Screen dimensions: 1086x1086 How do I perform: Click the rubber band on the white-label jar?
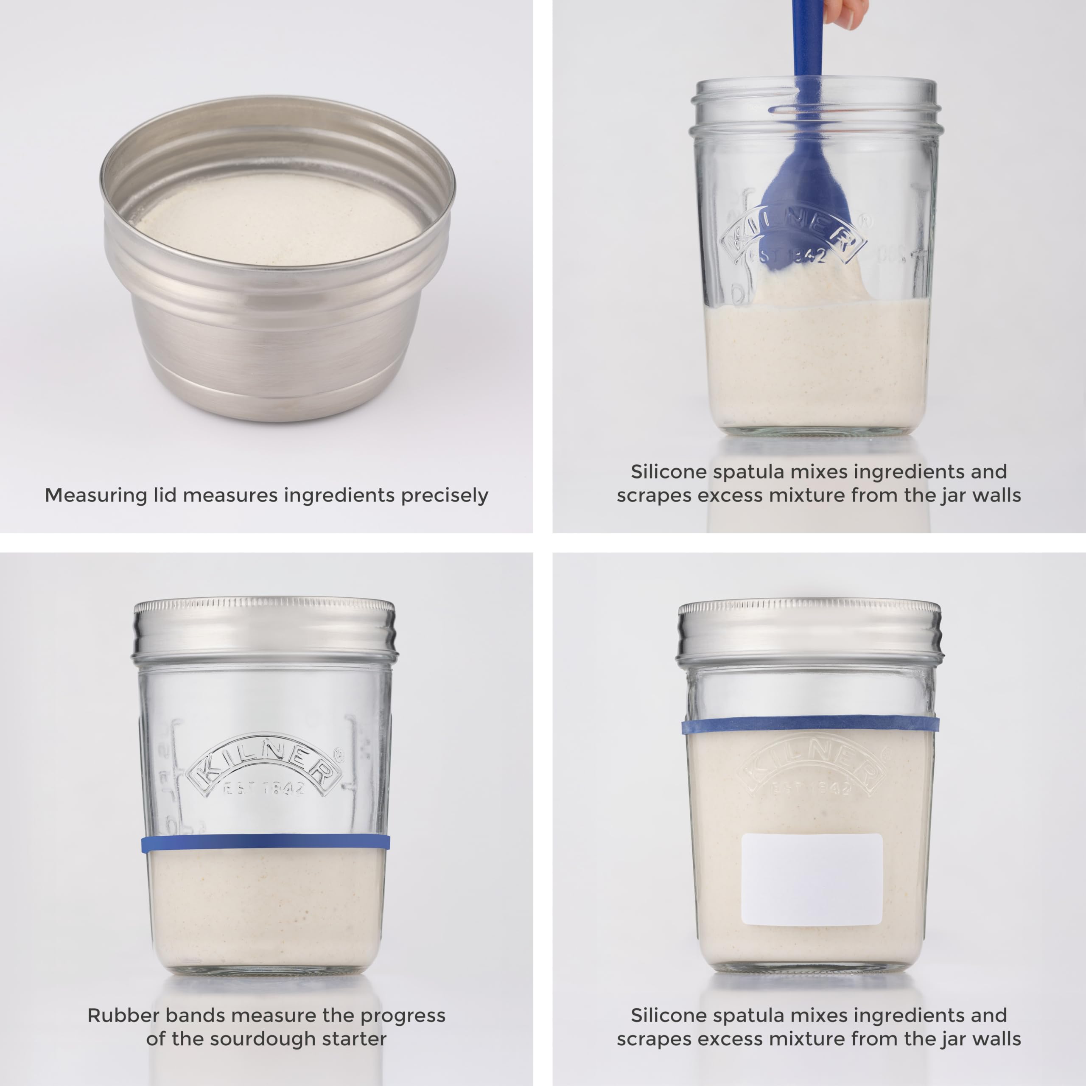(812, 724)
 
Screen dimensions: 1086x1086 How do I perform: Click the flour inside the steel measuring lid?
(278, 219)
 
